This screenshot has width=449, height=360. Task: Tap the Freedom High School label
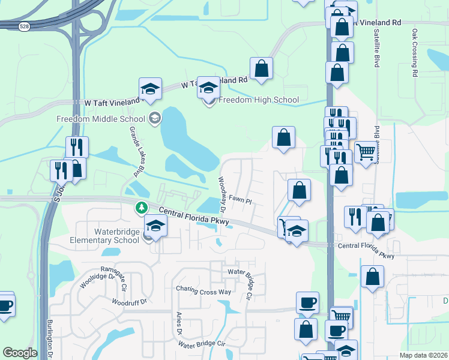point(259,100)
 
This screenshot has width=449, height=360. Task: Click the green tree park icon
point(142,208)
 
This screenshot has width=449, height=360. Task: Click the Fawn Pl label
point(239,199)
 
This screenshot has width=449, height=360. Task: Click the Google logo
point(20,352)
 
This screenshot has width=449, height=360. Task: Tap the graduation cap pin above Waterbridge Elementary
point(155,226)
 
